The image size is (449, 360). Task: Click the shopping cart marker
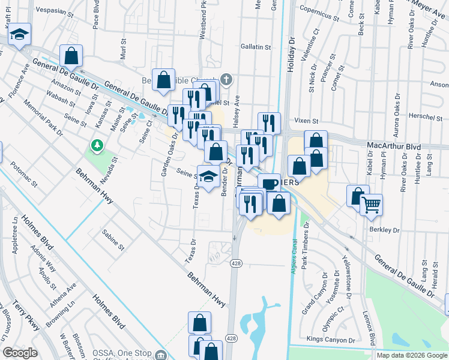coord(372,205)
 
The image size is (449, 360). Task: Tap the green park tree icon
coord(96,145)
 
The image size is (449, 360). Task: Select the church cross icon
coord(226,79)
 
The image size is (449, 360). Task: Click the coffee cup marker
coord(268,182)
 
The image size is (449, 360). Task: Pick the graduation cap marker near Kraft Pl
coord(19,35)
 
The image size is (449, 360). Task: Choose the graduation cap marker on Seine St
coord(208,176)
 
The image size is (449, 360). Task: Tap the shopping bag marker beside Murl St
coord(71,55)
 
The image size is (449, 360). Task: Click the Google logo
coord(20,353)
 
